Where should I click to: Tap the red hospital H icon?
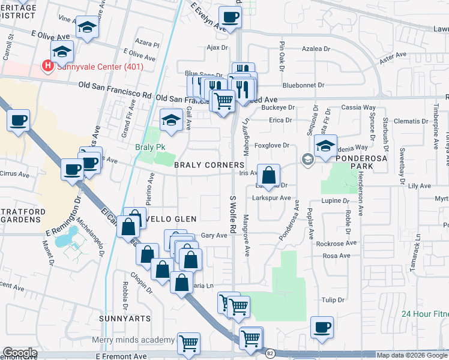click(46, 66)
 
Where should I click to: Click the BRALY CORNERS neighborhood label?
click(209, 164)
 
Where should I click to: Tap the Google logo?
click(20, 353)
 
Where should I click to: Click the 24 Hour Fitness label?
click(425, 314)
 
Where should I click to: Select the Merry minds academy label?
click(133, 340)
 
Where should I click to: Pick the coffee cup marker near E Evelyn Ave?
click(229, 17)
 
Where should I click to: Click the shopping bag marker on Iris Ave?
click(269, 176)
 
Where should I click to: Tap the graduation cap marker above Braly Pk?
click(171, 119)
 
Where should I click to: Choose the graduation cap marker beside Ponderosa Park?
click(325, 146)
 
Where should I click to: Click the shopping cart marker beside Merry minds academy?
click(189, 344)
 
